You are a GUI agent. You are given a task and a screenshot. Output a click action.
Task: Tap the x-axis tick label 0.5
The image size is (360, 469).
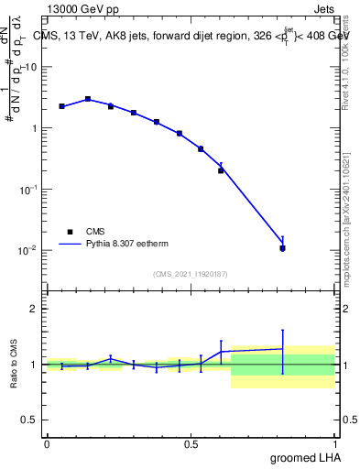[x=191, y=444]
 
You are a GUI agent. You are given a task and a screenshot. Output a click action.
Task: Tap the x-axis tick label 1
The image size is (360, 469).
[x=335, y=444]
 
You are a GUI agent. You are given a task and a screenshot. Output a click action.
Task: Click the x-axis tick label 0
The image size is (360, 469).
[x=47, y=444]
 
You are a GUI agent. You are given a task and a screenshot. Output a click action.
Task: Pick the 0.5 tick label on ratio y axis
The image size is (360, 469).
[x=30, y=420]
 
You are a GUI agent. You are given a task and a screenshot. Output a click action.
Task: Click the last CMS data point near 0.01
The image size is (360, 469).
[x=282, y=248]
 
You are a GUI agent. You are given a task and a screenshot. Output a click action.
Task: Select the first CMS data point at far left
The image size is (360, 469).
[x=61, y=106]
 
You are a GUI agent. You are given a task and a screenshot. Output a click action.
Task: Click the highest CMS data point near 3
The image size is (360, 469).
[x=88, y=99]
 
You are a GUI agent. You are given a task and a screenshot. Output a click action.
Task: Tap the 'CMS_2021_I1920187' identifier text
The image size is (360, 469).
[x=191, y=274]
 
